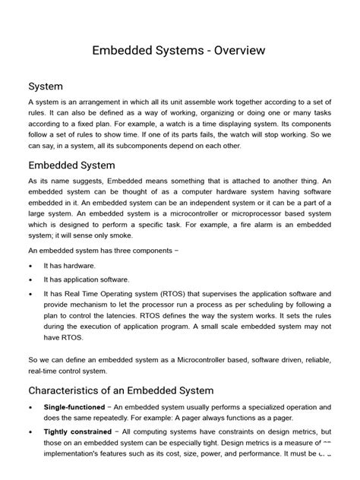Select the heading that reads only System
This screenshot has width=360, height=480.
[x=46, y=87]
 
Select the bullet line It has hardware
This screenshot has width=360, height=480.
[x=70, y=266]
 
